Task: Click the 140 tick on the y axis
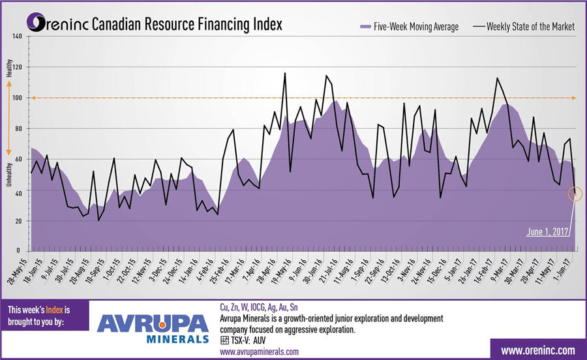pyautogui.click(x=18, y=37)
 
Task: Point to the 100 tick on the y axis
pyautogui.click(x=18, y=98)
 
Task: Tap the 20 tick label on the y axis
pyautogui.click(x=18, y=221)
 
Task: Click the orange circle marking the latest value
pyautogui.click(x=575, y=194)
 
